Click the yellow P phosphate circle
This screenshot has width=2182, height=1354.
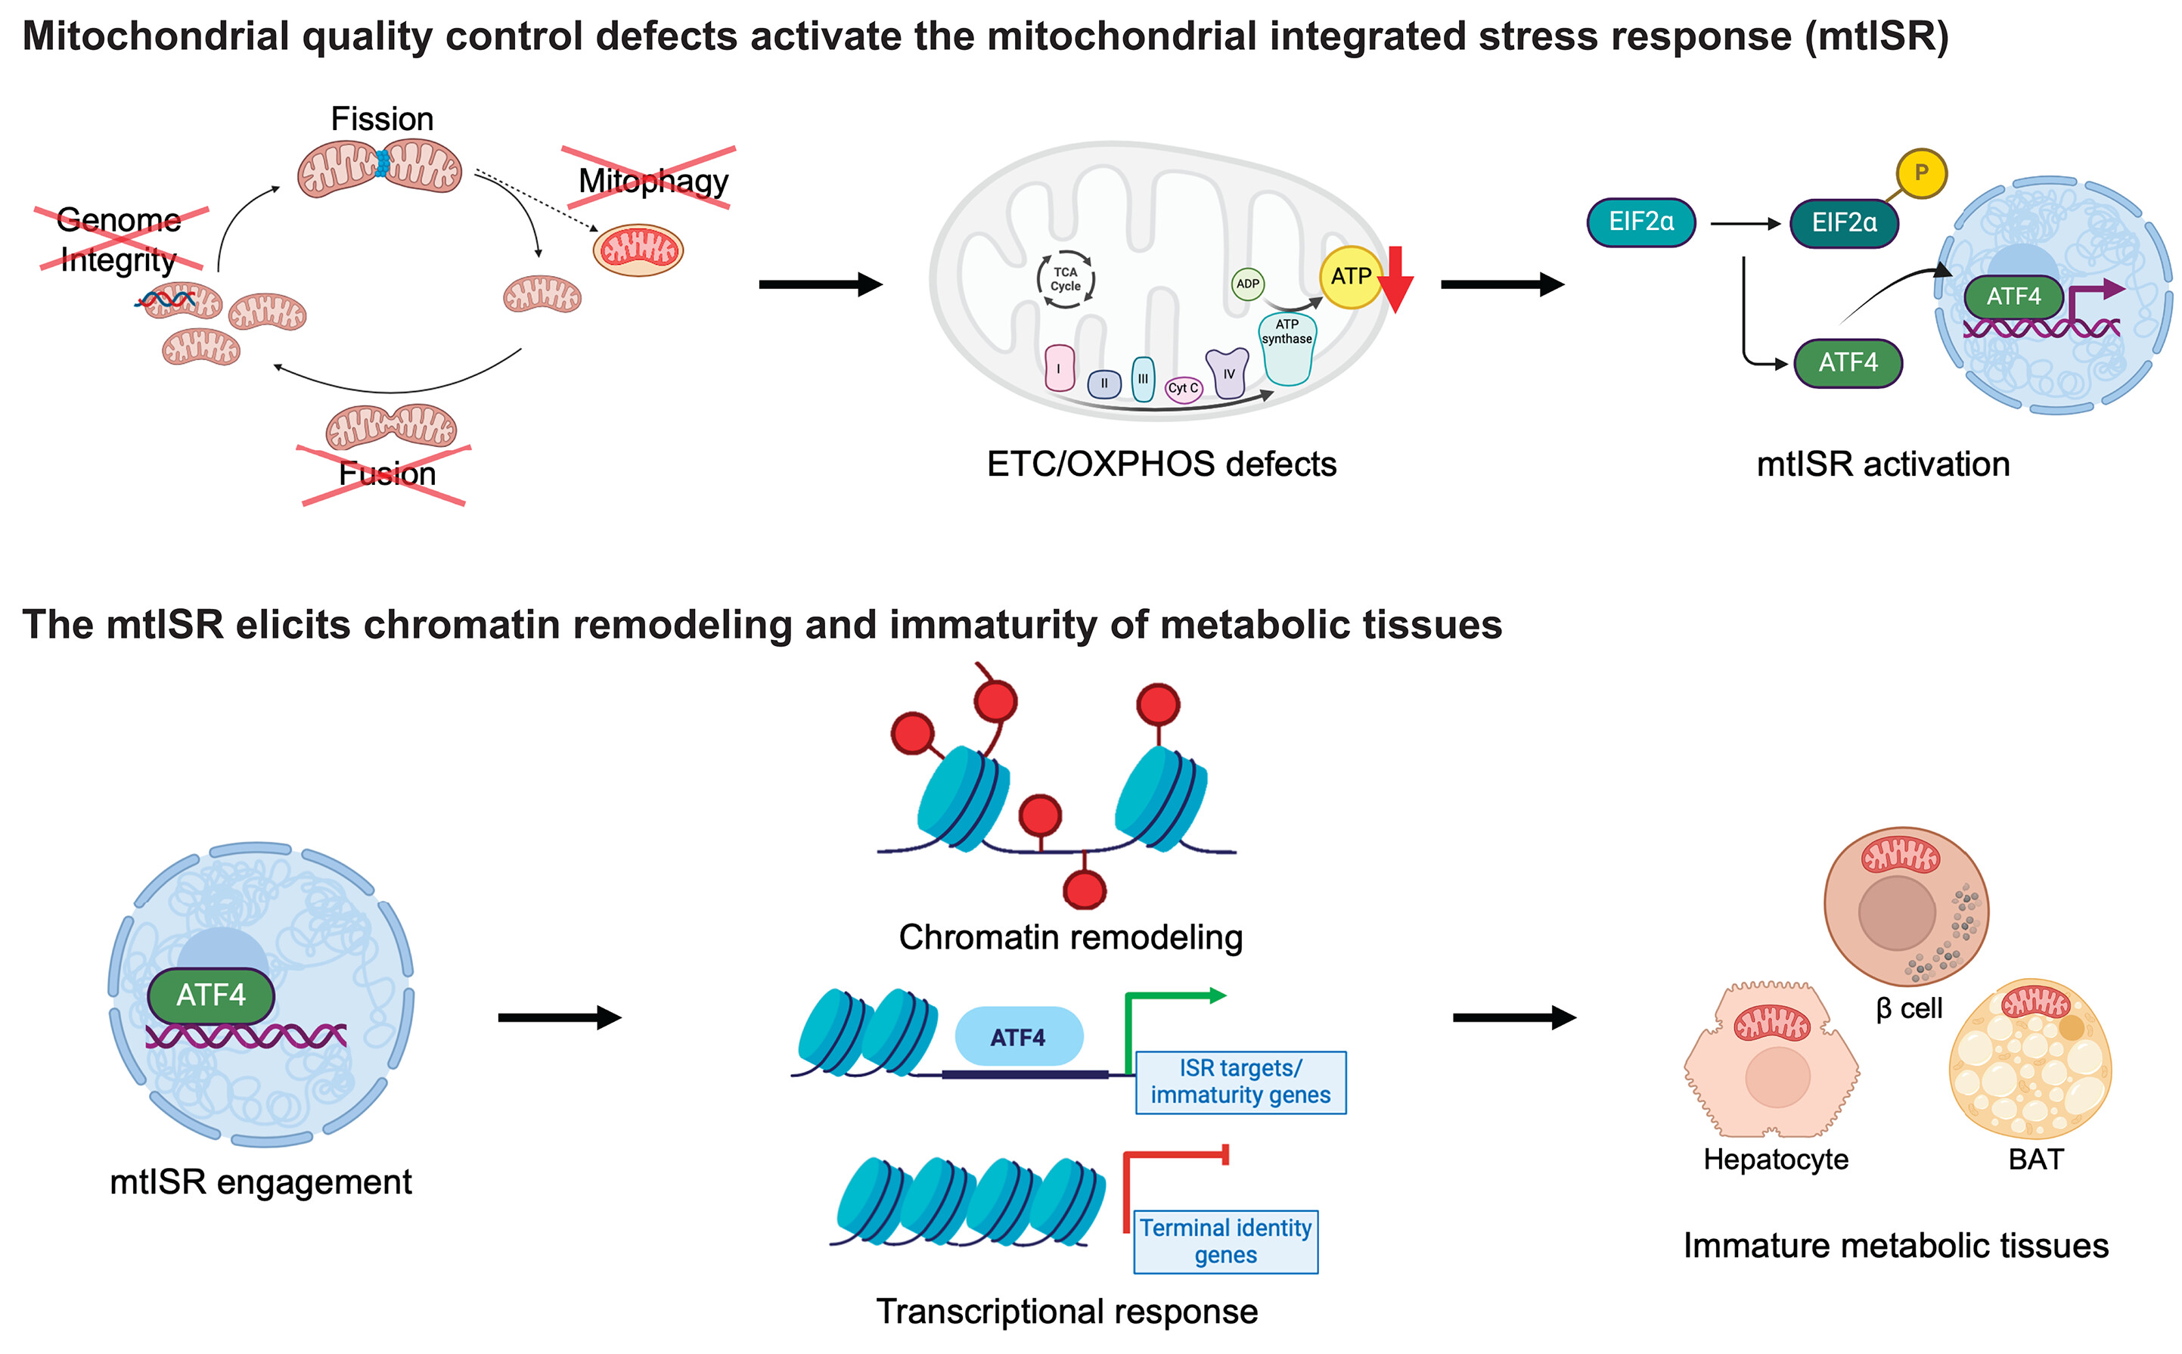click(1920, 172)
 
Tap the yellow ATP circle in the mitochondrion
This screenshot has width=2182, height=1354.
click(1349, 276)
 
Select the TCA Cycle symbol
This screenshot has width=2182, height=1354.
click(1065, 279)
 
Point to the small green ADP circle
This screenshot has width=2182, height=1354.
click(1246, 284)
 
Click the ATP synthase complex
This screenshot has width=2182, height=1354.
click(1287, 349)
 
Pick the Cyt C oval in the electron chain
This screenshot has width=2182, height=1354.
click(1182, 388)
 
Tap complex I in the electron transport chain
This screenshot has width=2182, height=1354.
click(1058, 368)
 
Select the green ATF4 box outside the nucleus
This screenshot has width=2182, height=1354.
click(1846, 362)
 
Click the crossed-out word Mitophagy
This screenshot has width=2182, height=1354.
click(653, 180)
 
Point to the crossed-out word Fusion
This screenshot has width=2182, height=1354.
click(386, 474)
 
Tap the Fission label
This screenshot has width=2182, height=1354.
click(381, 119)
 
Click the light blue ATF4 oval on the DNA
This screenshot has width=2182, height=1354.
click(1017, 1036)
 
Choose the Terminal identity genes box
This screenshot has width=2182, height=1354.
click(1224, 1241)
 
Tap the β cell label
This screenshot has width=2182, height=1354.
click(1908, 1008)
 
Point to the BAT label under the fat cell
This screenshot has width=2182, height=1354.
click(2035, 1159)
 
